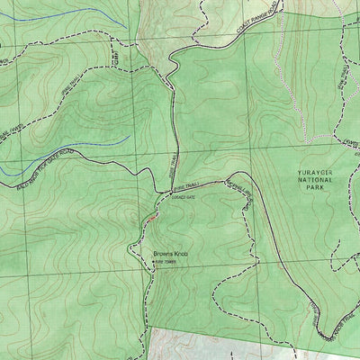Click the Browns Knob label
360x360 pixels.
[169, 254]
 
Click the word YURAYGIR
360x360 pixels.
[314, 171]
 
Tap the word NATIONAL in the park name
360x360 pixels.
[314, 180]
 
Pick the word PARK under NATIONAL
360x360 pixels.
[314, 188]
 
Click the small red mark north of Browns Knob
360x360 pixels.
[153, 216]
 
